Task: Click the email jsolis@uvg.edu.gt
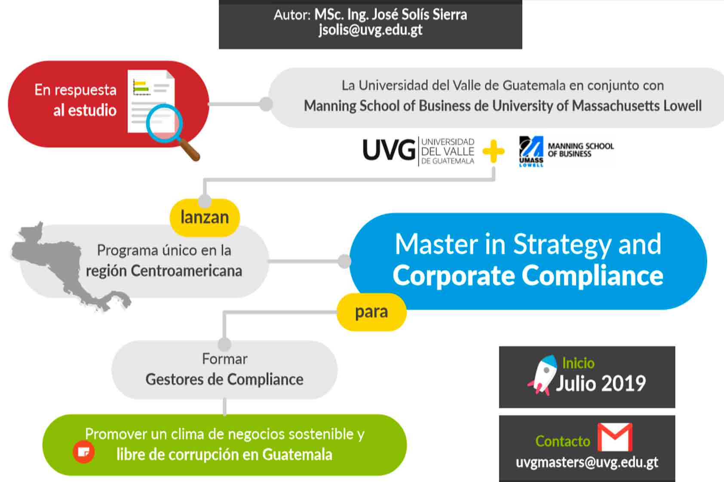[x=370, y=30]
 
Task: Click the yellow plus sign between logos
[x=493, y=151]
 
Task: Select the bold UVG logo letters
[x=389, y=150]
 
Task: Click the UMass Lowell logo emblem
[x=531, y=150]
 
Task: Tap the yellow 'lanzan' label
[x=205, y=217]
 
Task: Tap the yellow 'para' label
[x=371, y=312]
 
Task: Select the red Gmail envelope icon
[x=615, y=437]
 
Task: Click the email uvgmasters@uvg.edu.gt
[x=587, y=462]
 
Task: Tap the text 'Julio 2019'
[x=601, y=383]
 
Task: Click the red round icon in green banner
[x=84, y=452]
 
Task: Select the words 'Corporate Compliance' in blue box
[x=528, y=275]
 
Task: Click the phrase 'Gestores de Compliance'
[x=224, y=379]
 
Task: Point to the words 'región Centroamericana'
[x=164, y=271]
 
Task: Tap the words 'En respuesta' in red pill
[x=76, y=90]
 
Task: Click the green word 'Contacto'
[x=563, y=441]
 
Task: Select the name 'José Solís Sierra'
[x=419, y=15]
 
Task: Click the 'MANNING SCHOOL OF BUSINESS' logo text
[x=580, y=149]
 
